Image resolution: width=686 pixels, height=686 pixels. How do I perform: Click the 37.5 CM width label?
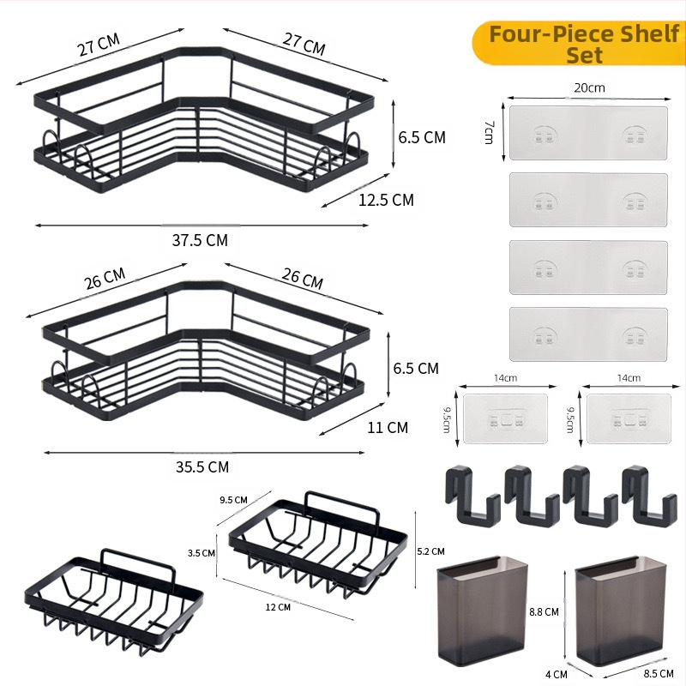point(200,240)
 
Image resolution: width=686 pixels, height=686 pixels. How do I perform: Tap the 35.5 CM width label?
point(202,466)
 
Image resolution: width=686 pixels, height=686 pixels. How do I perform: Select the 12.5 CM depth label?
point(386,200)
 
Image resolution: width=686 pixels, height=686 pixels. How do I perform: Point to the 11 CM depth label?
point(388,427)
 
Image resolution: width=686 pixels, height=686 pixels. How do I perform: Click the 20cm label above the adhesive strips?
point(589,88)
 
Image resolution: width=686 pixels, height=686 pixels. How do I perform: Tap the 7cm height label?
point(489,133)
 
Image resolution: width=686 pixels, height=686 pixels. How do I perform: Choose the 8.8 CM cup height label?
point(544,611)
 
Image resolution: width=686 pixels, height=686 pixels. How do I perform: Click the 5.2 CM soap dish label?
point(431,551)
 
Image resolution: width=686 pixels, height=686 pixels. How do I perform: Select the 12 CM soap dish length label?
point(278,607)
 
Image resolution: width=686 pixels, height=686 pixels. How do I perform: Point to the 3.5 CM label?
point(202,553)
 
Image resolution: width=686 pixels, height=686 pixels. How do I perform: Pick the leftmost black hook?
point(472,496)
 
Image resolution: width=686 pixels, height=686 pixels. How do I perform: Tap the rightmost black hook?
point(649,496)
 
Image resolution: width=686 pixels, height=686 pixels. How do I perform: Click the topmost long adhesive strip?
point(588,133)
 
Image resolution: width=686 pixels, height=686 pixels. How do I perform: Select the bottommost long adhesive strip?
point(588,334)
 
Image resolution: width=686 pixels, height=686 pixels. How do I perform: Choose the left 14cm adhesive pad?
point(505,418)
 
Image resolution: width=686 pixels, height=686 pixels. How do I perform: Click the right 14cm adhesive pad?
point(629,418)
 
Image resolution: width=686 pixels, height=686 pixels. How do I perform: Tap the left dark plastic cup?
point(482,611)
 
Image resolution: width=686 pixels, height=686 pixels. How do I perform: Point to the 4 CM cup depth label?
point(557,674)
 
